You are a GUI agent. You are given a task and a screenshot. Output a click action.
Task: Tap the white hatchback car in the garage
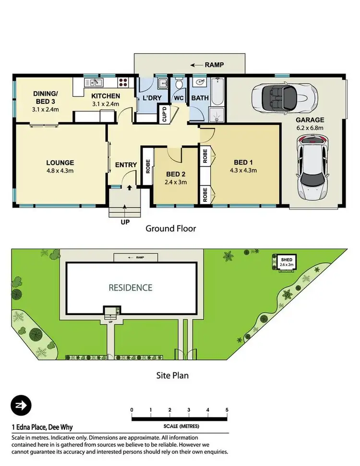pyautogui.click(x=312, y=167)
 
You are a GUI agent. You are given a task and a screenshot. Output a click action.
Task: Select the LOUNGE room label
pyautogui.click(x=60, y=162)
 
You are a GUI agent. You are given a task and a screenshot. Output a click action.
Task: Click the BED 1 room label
pyautogui.click(x=244, y=162)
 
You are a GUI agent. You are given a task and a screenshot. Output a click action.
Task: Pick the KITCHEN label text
pyautogui.click(x=106, y=96)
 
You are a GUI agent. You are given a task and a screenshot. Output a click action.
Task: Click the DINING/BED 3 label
pyautogui.click(x=46, y=98)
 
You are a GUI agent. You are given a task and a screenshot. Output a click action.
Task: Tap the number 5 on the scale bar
pyautogui.click(x=227, y=409)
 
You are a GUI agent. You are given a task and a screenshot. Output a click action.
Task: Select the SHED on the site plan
pyautogui.click(x=287, y=262)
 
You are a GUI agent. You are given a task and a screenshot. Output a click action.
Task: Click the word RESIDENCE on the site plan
pyautogui.click(x=130, y=288)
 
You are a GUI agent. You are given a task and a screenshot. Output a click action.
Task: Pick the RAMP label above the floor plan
pyautogui.click(x=214, y=64)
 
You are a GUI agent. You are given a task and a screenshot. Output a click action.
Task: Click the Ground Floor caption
pyautogui.click(x=170, y=228)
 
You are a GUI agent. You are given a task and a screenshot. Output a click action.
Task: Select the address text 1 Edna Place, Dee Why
pyautogui.click(x=42, y=427)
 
